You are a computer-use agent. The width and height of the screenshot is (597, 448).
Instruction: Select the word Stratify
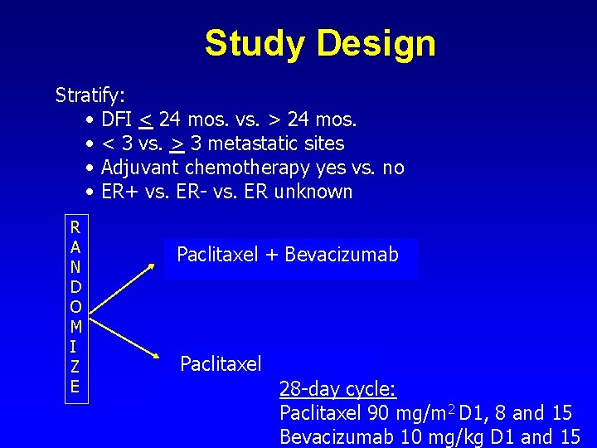click(90, 95)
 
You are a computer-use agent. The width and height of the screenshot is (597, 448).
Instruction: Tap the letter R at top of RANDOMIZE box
click(75, 226)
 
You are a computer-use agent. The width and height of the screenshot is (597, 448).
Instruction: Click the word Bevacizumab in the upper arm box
click(342, 255)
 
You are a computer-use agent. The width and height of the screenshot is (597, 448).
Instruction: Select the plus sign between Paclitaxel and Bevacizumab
click(272, 255)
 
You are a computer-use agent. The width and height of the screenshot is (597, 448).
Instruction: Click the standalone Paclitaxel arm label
click(221, 363)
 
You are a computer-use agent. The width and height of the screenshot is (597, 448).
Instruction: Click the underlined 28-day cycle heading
click(337, 388)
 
